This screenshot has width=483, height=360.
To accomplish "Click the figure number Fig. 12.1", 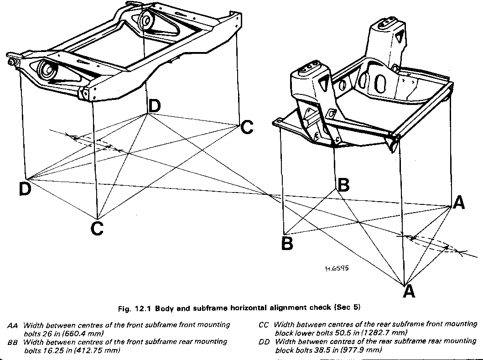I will pyautogui.click(x=137, y=308).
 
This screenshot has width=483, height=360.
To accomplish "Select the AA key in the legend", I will pyautogui.click(x=13, y=326).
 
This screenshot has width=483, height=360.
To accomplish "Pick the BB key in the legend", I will pyautogui.click(x=13, y=342).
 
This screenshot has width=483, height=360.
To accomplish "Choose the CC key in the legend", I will pyautogui.click(x=264, y=325).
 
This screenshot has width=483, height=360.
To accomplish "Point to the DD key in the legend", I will pyautogui.click(x=264, y=341).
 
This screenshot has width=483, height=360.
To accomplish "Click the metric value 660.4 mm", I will pyautogui.click(x=83, y=334).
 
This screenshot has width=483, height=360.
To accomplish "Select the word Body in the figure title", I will pyautogui.click(x=165, y=308).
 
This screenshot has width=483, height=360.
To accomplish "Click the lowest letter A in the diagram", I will pyautogui.click(x=409, y=291).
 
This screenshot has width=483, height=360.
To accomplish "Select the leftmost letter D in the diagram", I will pyautogui.click(x=25, y=189).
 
